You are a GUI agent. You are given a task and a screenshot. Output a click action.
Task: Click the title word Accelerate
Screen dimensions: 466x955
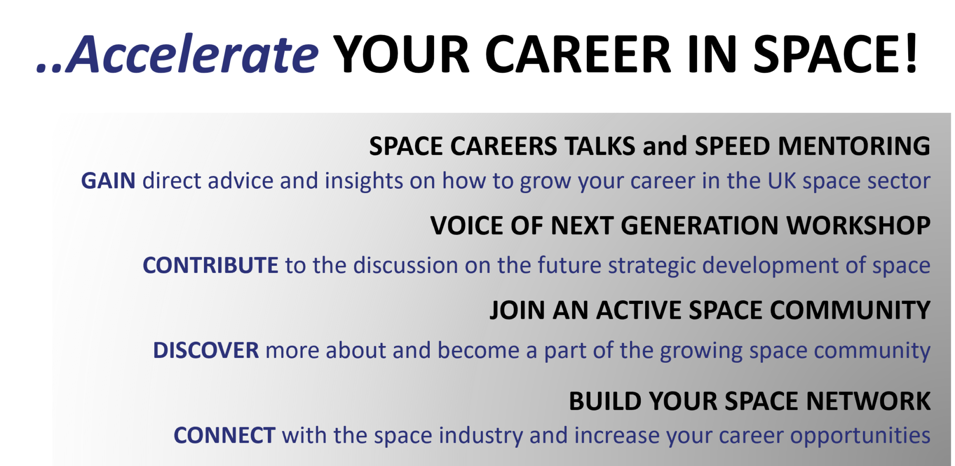click(191, 55)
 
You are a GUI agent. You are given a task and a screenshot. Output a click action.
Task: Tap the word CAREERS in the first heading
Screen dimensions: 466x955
click(503, 146)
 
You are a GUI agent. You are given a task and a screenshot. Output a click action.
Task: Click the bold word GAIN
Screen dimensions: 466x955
click(108, 181)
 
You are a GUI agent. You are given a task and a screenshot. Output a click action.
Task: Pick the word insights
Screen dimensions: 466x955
click(364, 181)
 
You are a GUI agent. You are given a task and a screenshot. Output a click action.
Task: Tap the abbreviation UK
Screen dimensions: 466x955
click(782, 181)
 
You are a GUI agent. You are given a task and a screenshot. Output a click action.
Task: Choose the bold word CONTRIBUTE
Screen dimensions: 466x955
click(210, 266)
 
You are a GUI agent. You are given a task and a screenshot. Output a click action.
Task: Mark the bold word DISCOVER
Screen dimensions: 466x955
click(206, 351)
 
